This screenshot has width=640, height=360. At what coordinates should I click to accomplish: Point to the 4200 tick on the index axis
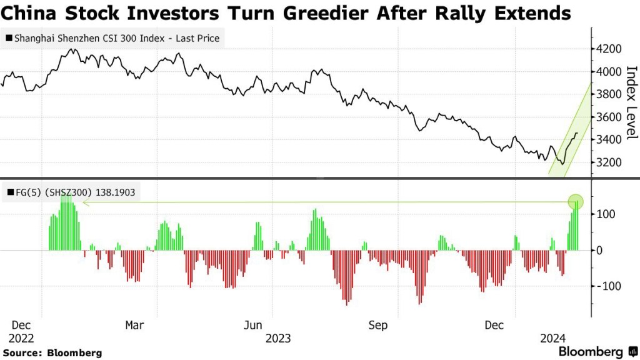[x=609, y=49]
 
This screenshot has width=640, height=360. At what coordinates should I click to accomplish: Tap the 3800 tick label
[x=609, y=94]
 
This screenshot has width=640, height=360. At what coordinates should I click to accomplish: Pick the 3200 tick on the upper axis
[x=609, y=162]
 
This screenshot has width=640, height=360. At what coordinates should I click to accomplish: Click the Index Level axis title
[x=630, y=102]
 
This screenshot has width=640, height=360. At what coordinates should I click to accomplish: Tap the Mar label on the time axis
[x=134, y=325]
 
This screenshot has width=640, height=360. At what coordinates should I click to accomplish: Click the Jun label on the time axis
[x=252, y=325]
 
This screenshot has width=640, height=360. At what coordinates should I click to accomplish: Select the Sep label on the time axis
[x=378, y=325]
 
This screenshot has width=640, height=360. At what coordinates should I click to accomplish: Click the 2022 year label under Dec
[x=22, y=339]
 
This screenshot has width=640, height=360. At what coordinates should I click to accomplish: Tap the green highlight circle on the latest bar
[x=576, y=202]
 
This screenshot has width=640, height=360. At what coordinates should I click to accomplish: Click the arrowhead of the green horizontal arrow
[x=84, y=202]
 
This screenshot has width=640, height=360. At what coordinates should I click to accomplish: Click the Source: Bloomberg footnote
[x=52, y=353]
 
